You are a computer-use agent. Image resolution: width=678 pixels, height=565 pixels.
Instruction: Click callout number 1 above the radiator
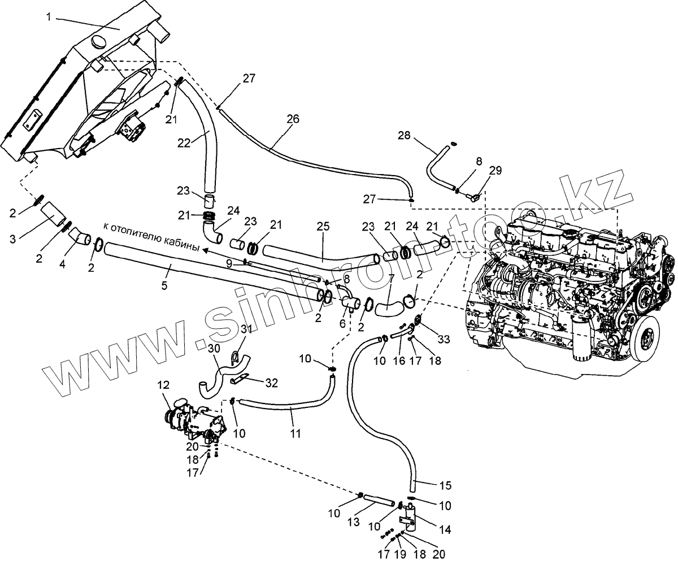[x=49, y=17]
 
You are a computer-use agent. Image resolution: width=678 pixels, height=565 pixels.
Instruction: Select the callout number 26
[x=293, y=119]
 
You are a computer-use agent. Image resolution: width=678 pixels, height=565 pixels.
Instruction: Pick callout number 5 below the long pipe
[x=164, y=285]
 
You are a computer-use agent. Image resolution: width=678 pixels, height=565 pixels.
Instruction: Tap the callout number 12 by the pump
[x=163, y=385]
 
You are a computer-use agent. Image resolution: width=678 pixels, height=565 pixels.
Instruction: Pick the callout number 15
[x=445, y=485]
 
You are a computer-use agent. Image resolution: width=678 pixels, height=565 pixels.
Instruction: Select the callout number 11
[x=296, y=434]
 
